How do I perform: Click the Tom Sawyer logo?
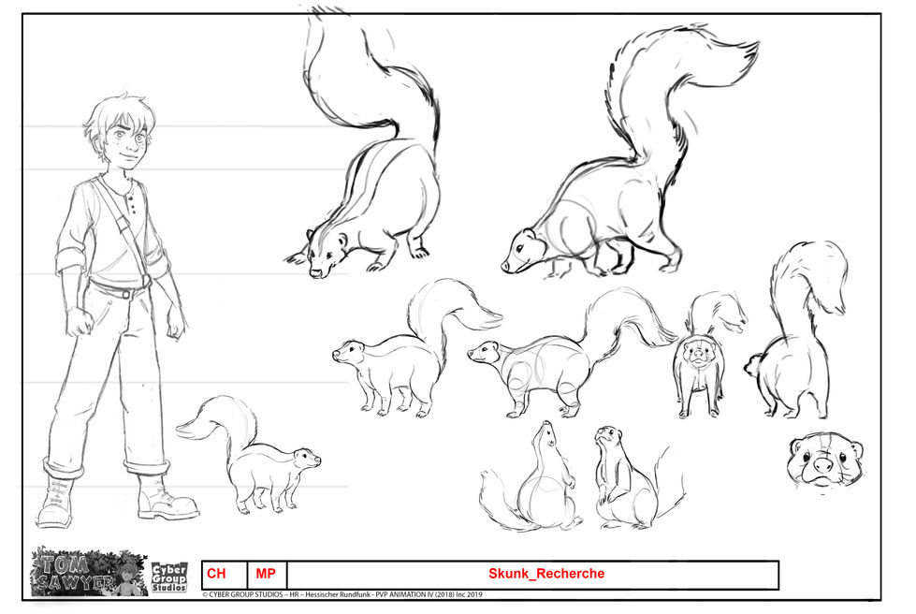click(89, 572)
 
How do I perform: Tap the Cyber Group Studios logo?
click(169, 577)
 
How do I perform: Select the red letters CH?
click(216, 574)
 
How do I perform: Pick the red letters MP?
click(266, 574)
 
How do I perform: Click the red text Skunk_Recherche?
click(546, 574)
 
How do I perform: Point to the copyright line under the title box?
click(342, 594)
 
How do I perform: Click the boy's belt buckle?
click(125, 293)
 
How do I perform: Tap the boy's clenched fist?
click(79, 323)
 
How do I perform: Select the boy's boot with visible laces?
click(56, 501)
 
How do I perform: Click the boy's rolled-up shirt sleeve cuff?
click(70, 261)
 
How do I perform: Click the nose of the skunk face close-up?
click(822, 465)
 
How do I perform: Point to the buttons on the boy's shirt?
click(133, 203)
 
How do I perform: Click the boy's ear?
click(148, 139)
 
